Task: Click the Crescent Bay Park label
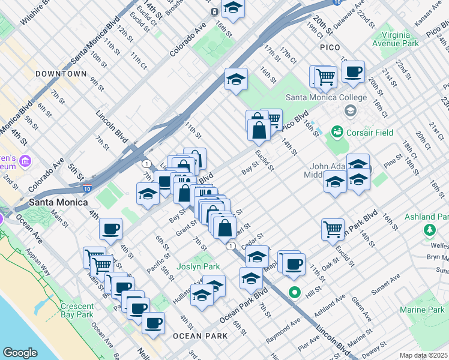[x=77, y=310]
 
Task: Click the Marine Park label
[x=423, y=310]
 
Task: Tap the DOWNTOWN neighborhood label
[x=61, y=74]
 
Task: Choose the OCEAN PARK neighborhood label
[x=200, y=336]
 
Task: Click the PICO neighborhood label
[x=330, y=47]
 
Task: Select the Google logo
[x=20, y=353]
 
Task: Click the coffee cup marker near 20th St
[x=354, y=72]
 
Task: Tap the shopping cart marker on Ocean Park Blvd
[x=333, y=229]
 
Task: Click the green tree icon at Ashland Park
[x=430, y=230]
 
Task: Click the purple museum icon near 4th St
[x=25, y=161]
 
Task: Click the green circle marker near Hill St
[x=294, y=293]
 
